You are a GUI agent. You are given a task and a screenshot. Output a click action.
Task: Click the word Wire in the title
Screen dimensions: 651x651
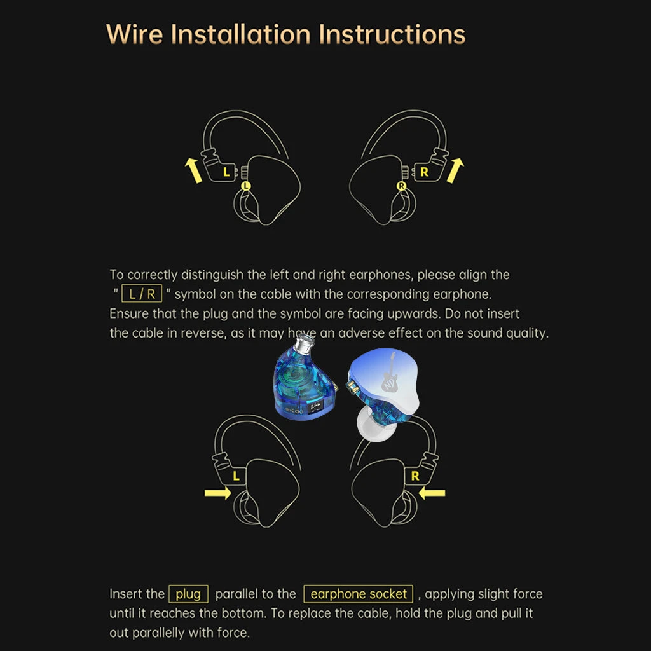tap(135, 34)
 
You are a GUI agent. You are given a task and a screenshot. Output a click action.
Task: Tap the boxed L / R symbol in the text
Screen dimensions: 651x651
tap(142, 294)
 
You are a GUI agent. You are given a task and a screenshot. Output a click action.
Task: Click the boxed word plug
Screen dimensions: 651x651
tap(188, 594)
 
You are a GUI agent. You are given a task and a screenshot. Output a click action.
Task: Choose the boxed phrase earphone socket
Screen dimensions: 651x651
tap(359, 594)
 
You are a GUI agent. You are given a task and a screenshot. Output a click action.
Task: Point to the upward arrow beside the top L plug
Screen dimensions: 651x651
tap(193, 170)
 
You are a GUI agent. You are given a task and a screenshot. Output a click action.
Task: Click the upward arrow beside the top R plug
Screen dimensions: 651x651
tap(455, 170)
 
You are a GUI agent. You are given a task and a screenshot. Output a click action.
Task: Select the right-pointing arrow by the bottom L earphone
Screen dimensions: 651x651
tap(218, 493)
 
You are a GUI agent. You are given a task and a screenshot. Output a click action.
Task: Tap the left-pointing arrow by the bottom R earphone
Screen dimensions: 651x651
tap(432, 493)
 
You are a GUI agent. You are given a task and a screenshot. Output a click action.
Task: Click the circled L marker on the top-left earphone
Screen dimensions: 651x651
tap(246, 186)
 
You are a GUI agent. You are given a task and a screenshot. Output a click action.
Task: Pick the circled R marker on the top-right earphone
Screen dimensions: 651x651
tap(402, 186)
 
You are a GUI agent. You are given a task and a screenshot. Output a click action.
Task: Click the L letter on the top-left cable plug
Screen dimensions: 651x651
tap(226, 172)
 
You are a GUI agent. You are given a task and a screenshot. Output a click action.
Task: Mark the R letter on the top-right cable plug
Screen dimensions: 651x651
tap(424, 172)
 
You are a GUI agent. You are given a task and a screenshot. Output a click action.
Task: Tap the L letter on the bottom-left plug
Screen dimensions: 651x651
tap(236, 476)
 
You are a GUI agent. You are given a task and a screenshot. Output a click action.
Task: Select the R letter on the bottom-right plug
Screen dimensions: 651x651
tap(415, 476)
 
